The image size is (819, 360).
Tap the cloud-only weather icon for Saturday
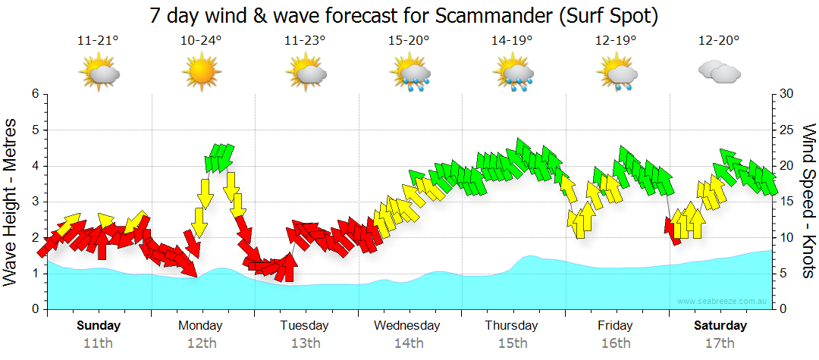click(718, 72)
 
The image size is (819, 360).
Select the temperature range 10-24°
click(201, 41)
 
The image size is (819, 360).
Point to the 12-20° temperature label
click(718, 41)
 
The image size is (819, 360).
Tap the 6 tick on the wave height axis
click(34, 94)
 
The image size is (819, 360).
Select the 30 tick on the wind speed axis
click(786, 94)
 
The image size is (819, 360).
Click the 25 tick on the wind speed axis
click(786, 130)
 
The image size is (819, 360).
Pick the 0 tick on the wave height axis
click(34, 309)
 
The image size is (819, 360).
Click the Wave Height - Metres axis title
click(11, 202)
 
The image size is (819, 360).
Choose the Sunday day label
click(99, 326)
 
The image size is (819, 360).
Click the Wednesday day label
click(407, 326)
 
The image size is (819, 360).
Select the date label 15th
click(512, 343)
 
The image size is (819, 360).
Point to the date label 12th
click(201, 343)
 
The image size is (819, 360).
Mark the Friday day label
click(615, 326)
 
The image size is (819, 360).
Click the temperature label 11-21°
click(98, 41)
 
